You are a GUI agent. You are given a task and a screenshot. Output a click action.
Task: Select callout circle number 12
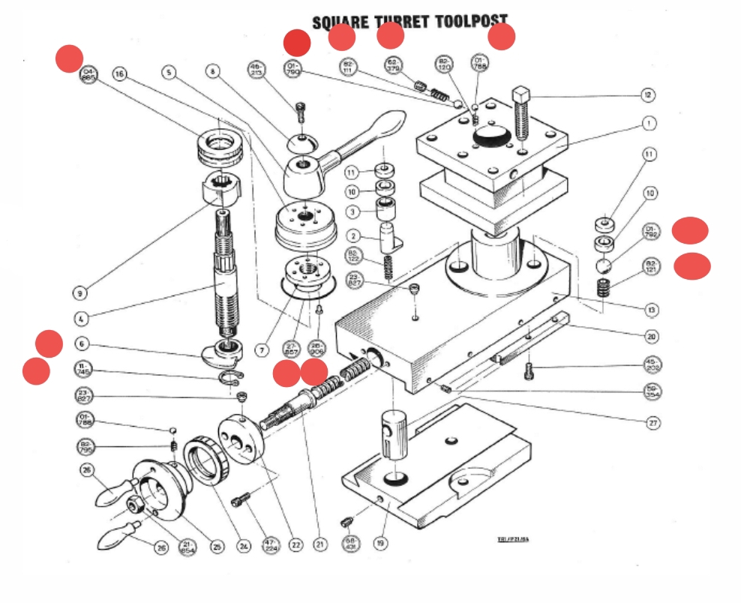click(647, 95)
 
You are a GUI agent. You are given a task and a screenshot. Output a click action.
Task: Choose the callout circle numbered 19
click(381, 545)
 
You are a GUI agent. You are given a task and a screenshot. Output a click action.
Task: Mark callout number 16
click(119, 73)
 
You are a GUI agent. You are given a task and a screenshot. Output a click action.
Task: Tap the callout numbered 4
click(80, 319)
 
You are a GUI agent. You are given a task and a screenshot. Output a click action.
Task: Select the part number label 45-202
click(653, 365)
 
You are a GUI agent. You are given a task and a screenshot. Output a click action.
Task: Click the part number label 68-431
click(350, 543)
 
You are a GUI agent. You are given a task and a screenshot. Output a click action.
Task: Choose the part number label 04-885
click(88, 75)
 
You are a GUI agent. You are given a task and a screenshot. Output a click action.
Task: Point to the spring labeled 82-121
click(603, 287)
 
